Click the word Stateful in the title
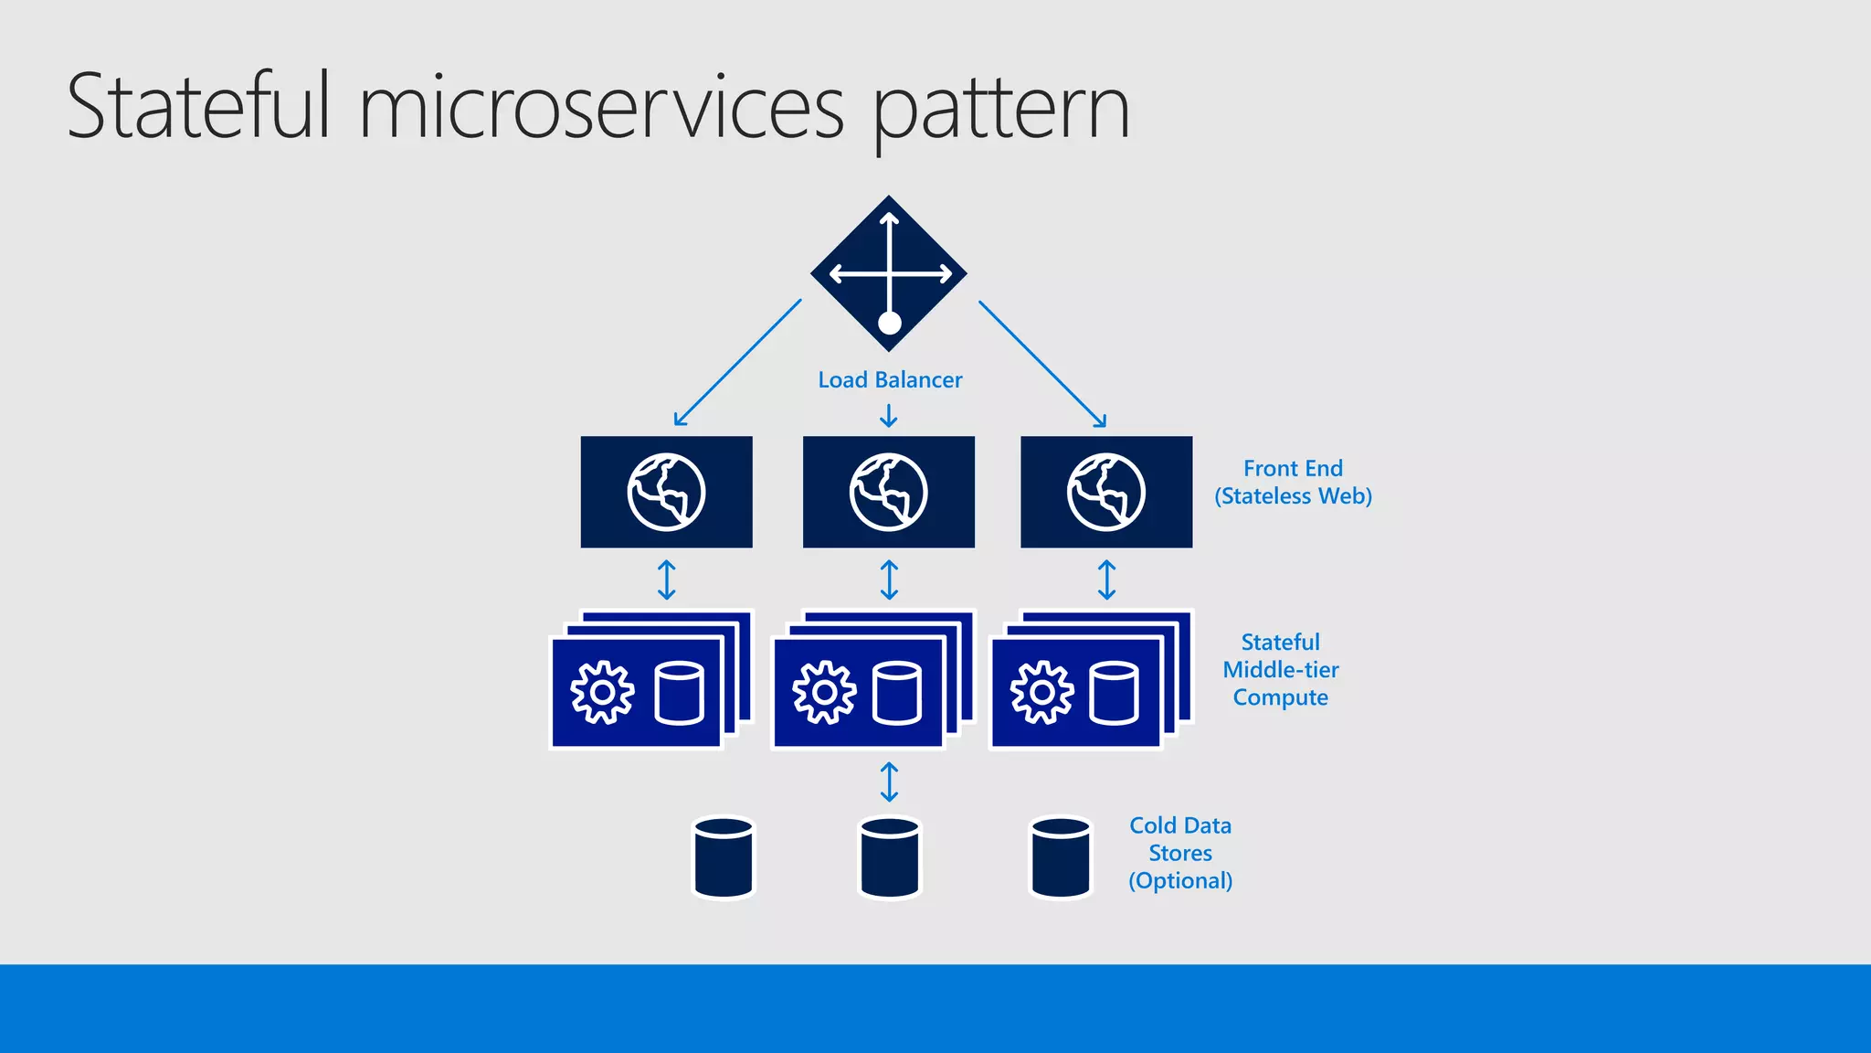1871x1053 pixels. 197,107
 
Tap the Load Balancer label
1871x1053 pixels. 890,380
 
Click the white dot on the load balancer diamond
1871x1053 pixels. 889,323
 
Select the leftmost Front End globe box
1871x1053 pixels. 666,492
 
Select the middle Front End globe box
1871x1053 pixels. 888,492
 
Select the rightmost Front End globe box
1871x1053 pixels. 1105,492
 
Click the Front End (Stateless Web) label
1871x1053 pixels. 1293,483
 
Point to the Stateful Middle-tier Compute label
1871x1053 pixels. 1280,670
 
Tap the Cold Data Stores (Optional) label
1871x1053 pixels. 1180,853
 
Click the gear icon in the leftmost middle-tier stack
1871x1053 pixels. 602,693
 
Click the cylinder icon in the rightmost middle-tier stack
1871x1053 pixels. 1114,693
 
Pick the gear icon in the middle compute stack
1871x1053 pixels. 824,693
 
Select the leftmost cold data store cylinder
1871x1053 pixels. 724,857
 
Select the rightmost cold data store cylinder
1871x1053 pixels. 1060,857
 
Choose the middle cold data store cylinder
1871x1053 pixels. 890,857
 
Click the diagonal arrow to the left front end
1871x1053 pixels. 737,363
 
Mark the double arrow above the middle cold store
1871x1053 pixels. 889,782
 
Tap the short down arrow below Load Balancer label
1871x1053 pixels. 888,417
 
